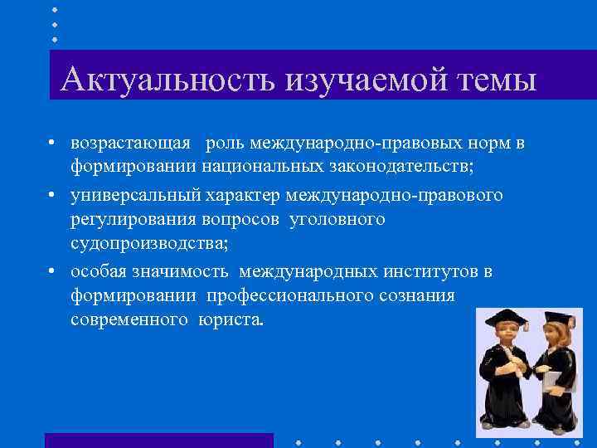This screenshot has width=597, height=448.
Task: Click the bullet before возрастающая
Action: [51, 144]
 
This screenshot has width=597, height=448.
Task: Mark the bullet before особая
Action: [51, 271]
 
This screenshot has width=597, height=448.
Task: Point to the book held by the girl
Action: [552, 379]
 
